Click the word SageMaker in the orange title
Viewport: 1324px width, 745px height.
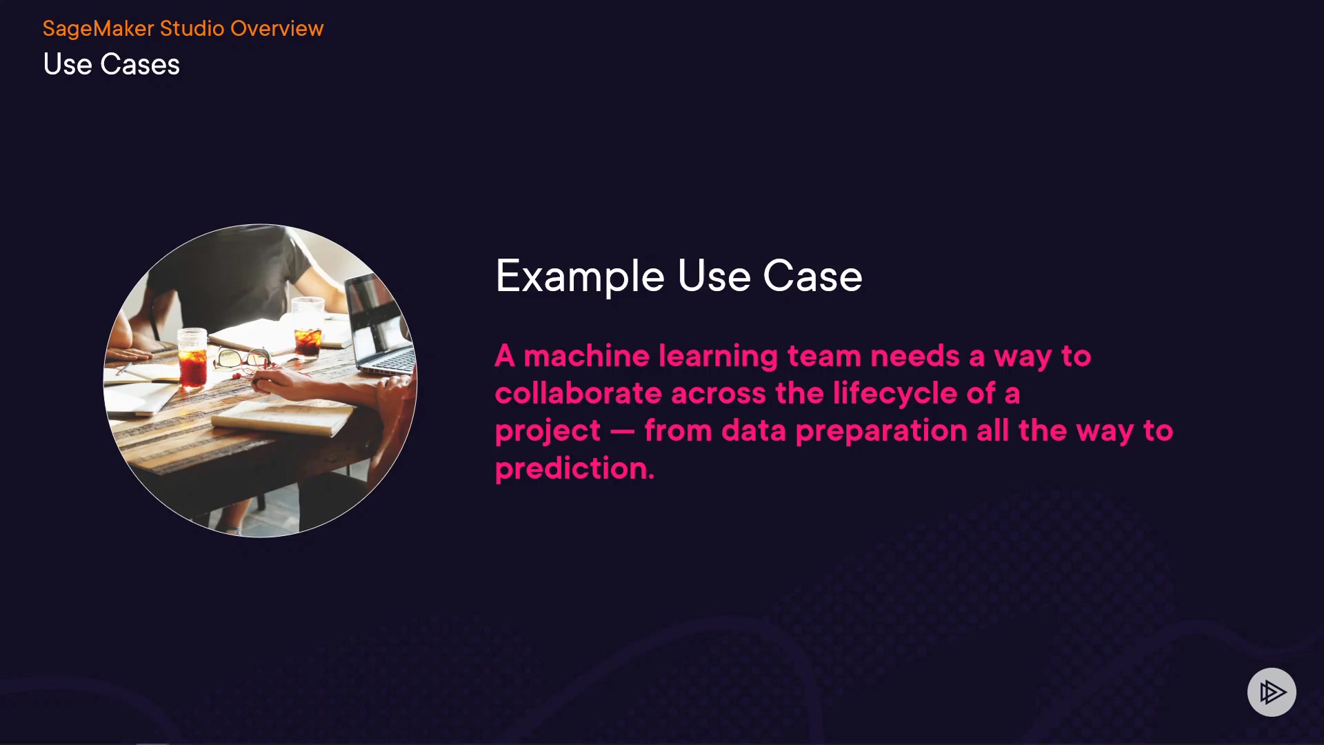tap(99, 29)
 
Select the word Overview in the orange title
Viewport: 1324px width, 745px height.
tap(277, 28)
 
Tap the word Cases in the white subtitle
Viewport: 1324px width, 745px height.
tap(140, 64)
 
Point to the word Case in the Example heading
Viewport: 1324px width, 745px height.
tap(812, 276)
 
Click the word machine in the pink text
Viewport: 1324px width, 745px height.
tap(586, 356)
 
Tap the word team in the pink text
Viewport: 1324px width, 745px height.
tap(824, 357)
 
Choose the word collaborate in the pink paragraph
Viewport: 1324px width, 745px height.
tap(578, 393)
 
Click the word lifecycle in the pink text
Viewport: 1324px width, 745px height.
tap(894, 394)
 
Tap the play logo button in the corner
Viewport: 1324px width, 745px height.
tap(1272, 692)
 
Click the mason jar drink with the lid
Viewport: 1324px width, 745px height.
tap(192, 357)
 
